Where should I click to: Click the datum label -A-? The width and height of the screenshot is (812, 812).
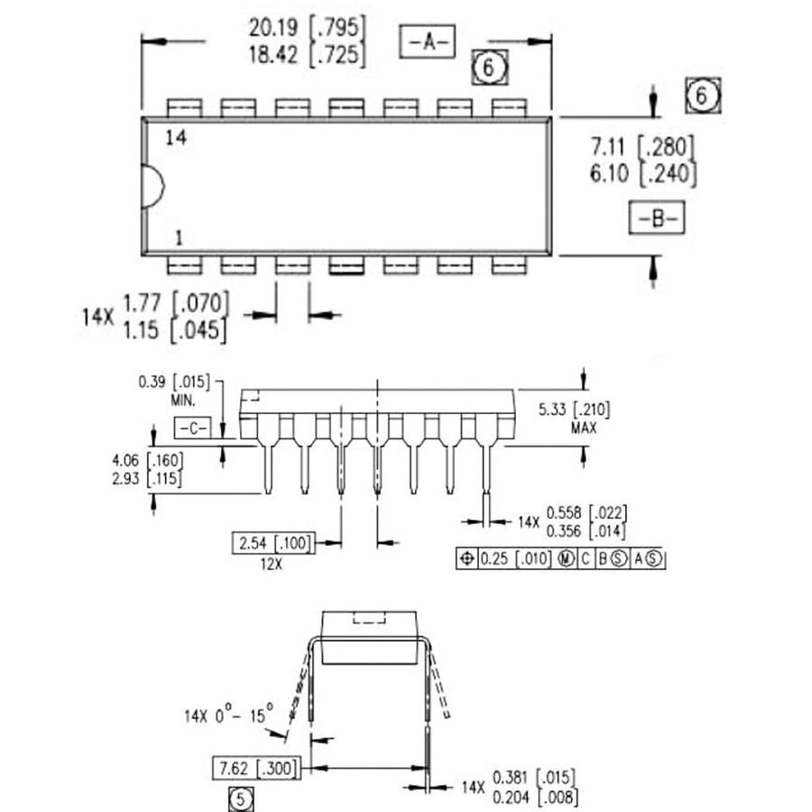click(x=428, y=42)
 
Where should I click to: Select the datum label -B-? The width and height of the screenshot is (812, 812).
click(x=657, y=218)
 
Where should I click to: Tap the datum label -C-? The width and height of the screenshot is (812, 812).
click(x=191, y=427)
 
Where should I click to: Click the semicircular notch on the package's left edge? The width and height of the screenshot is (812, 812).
click(x=152, y=187)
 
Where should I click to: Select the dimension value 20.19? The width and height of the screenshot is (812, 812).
click(x=276, y=26)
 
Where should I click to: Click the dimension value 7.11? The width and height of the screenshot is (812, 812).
click(x=610, y=147)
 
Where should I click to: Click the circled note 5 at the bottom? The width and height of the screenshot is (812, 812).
click(x=239, y=798)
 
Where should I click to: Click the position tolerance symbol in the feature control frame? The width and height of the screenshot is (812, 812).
click(x=466, y=558)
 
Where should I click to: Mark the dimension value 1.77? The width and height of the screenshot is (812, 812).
click(x=141, y=303)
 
